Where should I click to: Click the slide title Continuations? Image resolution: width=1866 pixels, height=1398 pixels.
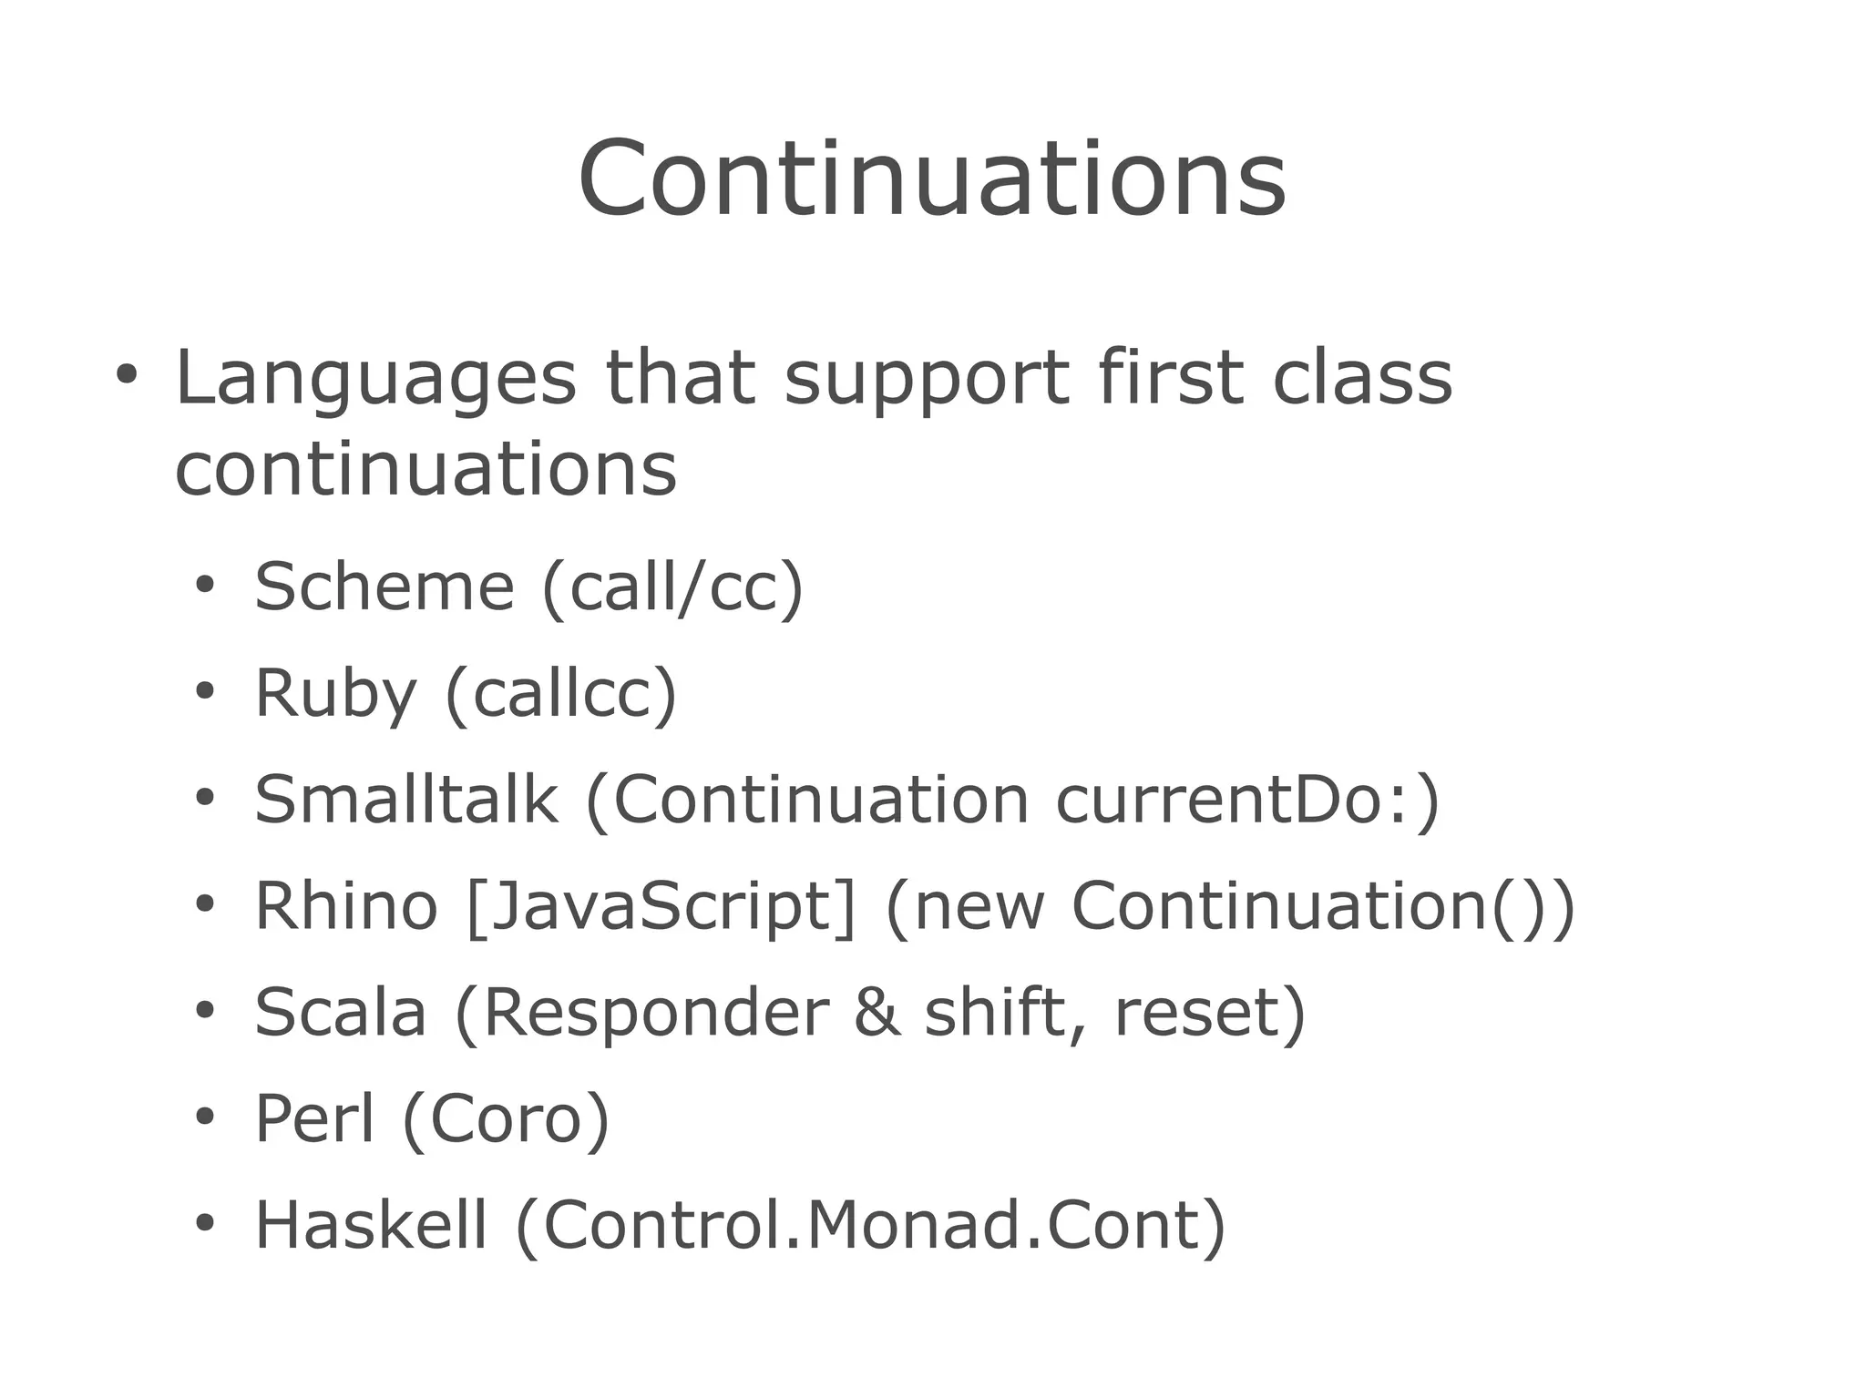931,179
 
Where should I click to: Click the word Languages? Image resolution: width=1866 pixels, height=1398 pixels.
374,378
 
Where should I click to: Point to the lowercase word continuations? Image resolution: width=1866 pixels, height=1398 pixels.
425,470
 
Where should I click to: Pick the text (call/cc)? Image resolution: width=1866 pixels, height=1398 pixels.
672,587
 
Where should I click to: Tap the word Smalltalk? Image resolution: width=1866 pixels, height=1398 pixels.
405,800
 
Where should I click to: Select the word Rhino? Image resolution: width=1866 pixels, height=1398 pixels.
345,906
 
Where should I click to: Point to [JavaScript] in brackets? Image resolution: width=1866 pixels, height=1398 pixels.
661,908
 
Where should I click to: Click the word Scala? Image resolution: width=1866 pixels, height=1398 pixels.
340,1013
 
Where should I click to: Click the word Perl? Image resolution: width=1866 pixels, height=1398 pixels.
314,1118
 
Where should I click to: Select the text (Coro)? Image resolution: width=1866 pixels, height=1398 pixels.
506,1120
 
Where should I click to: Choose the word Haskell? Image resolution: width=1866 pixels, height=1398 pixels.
371,1225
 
